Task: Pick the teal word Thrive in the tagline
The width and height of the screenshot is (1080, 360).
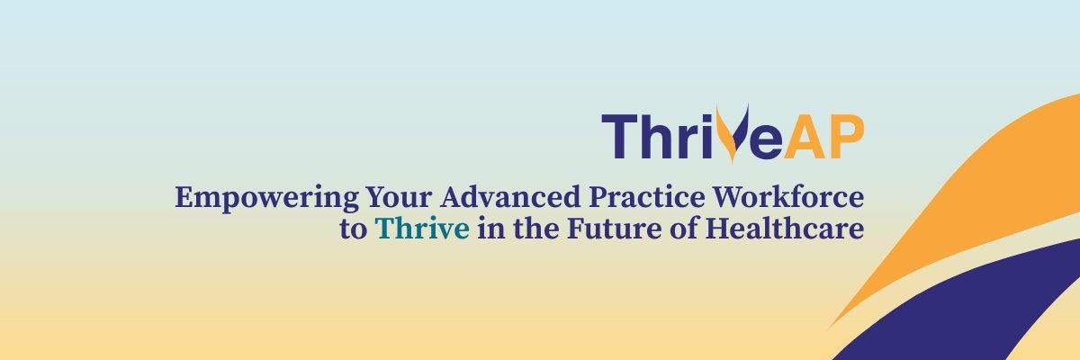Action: click(x=423, y=229)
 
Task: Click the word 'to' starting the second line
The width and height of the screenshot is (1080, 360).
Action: click(x=354, y=229)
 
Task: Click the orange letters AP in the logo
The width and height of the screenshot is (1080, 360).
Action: click(x=824, y=137)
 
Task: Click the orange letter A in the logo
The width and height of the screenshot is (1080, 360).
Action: click(x=804, y=137)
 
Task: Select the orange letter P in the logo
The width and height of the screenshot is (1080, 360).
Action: click(x=846, y=137)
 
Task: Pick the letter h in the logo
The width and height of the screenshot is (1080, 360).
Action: click(x=658, y=137)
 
